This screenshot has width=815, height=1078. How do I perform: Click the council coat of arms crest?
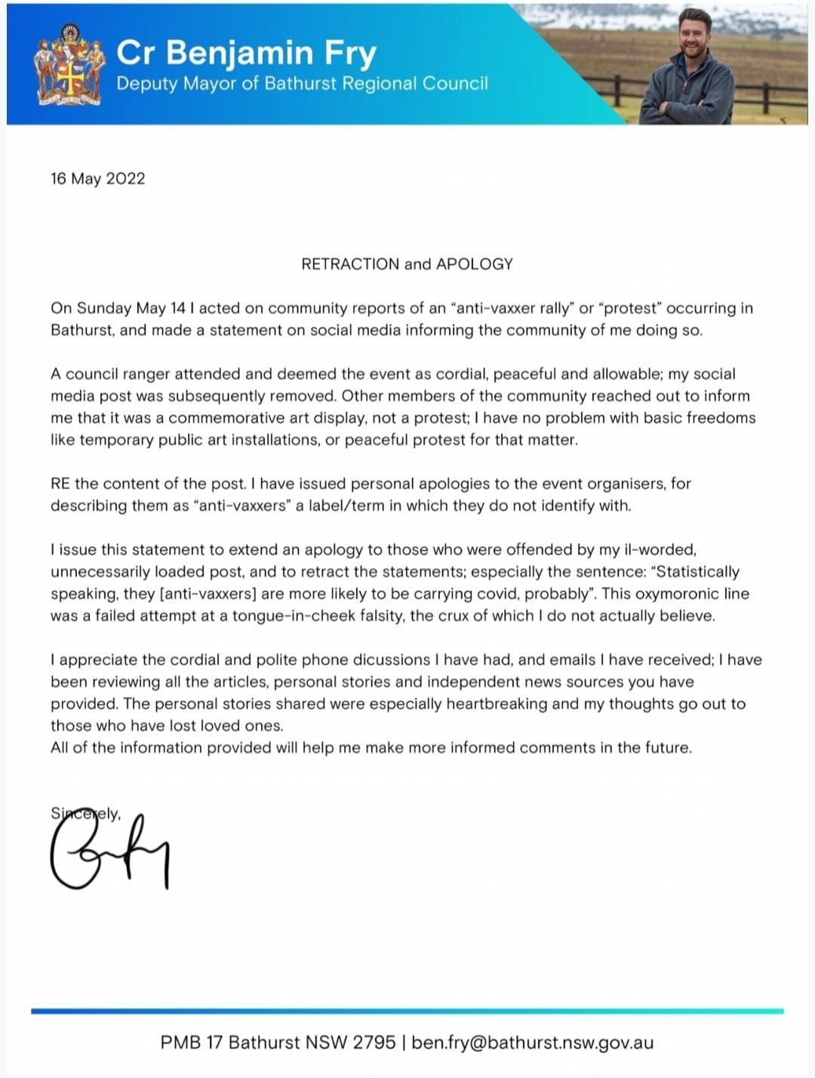point(69,66)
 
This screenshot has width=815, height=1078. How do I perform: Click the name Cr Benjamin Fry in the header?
point(246,53)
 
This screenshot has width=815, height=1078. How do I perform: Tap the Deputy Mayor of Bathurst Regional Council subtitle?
point(302,83)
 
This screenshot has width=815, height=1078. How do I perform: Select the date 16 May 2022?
point(97,179)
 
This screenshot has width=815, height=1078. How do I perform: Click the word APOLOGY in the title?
point(475,264)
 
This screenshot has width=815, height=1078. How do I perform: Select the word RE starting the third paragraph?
point(60,483)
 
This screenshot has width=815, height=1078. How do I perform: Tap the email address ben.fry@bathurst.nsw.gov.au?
point(533,1043)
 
